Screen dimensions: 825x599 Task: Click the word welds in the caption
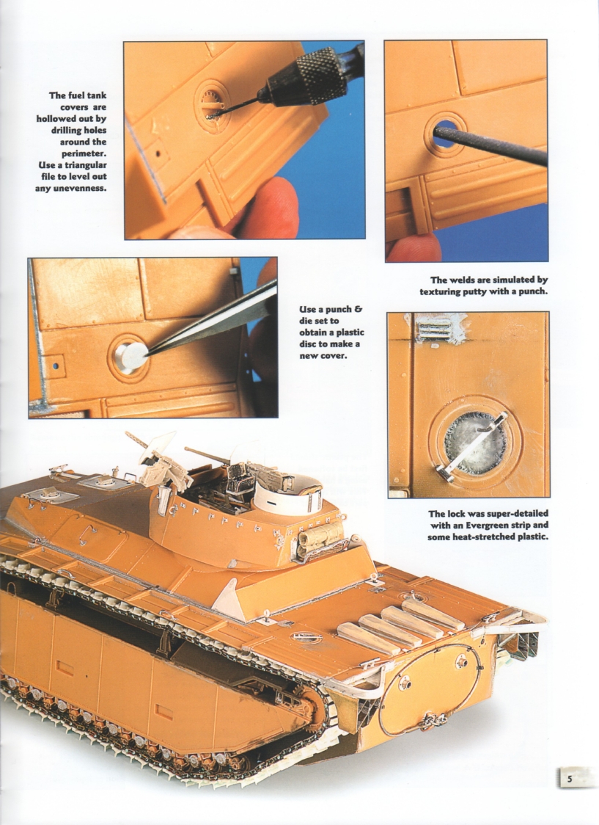tap(471, 280)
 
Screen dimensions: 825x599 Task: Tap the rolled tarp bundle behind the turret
tap(320, 537)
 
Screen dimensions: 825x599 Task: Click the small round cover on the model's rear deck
tap(306, 637)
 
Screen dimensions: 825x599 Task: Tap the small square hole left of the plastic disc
tap(54, 363)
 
